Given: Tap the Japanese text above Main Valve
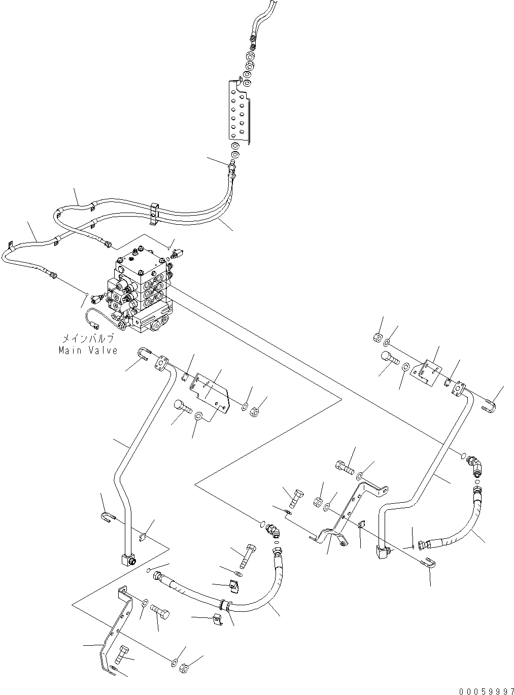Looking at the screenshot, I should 87,339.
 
